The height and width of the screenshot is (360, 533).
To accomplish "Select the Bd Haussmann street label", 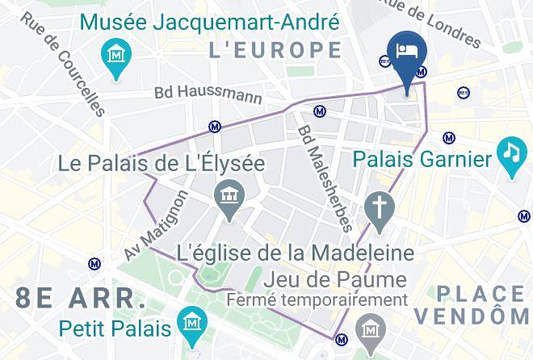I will [x=208, y=94].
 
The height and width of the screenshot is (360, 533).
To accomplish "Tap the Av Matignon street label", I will [x=157, y=226].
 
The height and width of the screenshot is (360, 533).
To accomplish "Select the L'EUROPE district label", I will [x=275, y=50].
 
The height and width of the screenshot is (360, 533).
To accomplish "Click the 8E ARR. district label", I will [x=81, y=297].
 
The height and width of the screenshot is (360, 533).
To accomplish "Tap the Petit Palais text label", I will [x=115, y=329].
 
